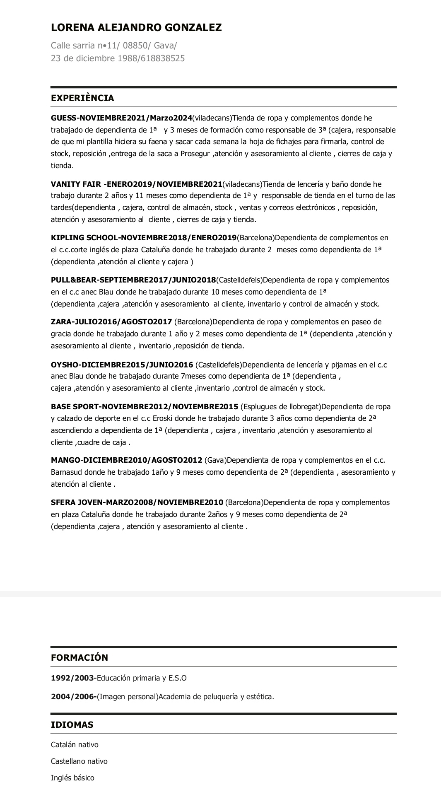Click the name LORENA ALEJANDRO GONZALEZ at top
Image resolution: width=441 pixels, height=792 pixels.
136,28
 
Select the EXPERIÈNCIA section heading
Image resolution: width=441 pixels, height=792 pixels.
82,98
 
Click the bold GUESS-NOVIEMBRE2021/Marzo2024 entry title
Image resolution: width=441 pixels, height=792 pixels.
121,118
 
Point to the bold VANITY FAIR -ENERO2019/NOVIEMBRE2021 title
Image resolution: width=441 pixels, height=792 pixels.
136,184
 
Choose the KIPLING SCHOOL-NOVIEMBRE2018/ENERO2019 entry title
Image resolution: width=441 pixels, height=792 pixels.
143,238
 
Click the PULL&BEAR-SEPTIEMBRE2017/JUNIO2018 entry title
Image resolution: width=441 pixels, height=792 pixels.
133,280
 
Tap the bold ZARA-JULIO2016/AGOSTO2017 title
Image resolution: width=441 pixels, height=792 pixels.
111,322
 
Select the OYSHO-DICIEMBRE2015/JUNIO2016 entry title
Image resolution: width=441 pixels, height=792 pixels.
122,365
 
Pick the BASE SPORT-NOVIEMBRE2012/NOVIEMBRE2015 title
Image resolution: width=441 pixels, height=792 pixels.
144,407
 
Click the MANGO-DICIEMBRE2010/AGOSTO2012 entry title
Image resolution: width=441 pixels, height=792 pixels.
126,460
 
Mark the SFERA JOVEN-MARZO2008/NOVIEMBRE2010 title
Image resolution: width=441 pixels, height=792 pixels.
137,502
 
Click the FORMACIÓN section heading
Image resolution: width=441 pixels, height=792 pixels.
79,657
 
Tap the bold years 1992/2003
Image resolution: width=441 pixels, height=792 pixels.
72,678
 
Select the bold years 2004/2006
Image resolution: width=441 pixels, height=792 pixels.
73,697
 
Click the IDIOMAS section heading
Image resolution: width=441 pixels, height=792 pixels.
72,724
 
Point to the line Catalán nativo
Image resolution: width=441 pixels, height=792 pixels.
75,745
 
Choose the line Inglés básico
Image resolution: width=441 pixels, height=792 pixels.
72,778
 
